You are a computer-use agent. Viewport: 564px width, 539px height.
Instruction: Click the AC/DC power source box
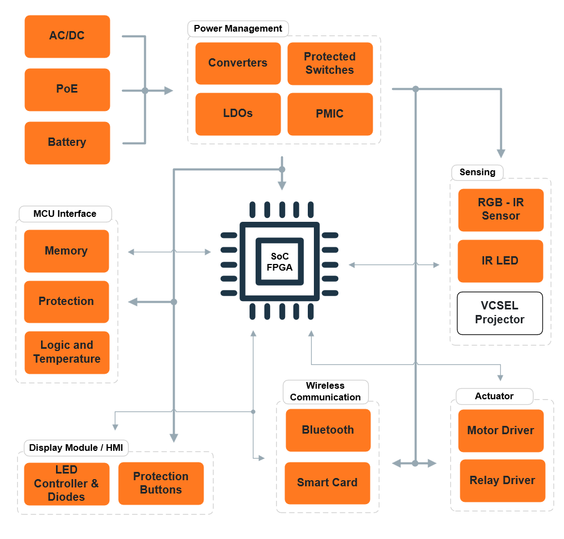pyautogui.click(x=67, y=36)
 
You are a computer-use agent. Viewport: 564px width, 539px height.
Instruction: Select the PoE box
pyautogui.click(x=67, y=89)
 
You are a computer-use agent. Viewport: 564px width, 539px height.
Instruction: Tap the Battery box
pyautogui.click(x=67, y=143)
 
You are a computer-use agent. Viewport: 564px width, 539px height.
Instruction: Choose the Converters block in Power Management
pyautogui.click(x=238, y=63)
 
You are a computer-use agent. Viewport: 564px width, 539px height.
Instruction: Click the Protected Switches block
pyautogui.click(x=330, y=63)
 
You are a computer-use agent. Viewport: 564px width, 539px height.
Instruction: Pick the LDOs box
pyautogui.click(x=238, y=114)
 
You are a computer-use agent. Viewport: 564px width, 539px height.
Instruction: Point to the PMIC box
pyautogui.click(x=330, y=114)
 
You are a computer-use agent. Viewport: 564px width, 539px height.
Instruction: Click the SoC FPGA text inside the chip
pyautogui.click(x=280, y=262)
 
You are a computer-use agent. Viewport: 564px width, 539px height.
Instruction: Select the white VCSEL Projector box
pyautogui.click(x=500, y=313)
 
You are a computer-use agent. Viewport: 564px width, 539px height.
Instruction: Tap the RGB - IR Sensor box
pyautogui.click(x=501, y=210)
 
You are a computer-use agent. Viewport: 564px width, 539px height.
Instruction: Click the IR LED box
pyautogui.click(x=500, y=261)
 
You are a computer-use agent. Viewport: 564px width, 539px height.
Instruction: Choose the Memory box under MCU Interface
pyautogui.click(x=67, y=251)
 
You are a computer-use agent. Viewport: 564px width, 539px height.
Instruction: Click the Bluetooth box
pyautogui.click(x=328, y=430)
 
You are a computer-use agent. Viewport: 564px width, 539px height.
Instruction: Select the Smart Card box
pyautogui.click(x=327, y=482)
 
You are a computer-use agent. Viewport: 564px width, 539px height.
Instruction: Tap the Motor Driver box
pyautogui.click(x=501, y=430)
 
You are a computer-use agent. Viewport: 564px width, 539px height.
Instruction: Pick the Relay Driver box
pyautogui.click(x=502, y=480)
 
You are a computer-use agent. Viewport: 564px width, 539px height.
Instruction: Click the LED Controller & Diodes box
pyautogui.click(x=67, y=484)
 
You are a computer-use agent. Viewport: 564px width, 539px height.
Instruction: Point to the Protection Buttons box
pyautogui.click(x=161, y=483)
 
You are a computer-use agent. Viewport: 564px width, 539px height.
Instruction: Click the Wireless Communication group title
pyautogui.click(x=326, y=391)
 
